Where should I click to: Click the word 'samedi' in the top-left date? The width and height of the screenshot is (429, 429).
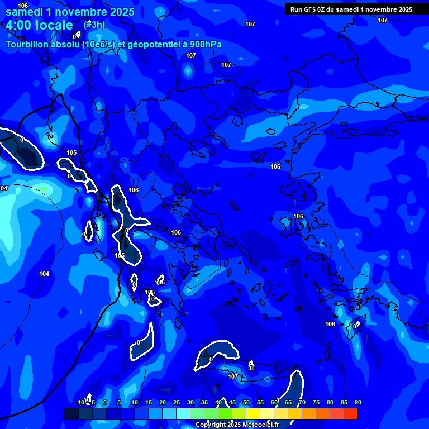coord(26,11)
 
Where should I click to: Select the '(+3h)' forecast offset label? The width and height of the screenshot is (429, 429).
coord(94,25)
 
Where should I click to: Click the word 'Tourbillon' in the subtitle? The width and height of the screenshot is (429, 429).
coord(28,44)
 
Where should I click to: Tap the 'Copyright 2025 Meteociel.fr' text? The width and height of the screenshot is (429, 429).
coord(237,425)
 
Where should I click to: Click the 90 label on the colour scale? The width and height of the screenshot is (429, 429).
coord(357,402)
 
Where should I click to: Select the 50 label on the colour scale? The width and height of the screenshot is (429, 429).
coord(246,402)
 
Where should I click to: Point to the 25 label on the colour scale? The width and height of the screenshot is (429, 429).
coord(177,402)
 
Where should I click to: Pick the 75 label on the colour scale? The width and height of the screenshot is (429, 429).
coord(316,402)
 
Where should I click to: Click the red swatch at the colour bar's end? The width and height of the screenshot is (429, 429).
coord(350,413)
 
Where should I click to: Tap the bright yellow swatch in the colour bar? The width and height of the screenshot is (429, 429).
coord(253,413)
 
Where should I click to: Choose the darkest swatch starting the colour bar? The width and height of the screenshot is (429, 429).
coord(71,413)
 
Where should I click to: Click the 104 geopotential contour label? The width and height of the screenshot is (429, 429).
coord(44,274)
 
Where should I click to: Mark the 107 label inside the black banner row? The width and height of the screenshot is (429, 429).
coord(382,20)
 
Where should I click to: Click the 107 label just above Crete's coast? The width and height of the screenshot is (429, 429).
coord(233,377)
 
